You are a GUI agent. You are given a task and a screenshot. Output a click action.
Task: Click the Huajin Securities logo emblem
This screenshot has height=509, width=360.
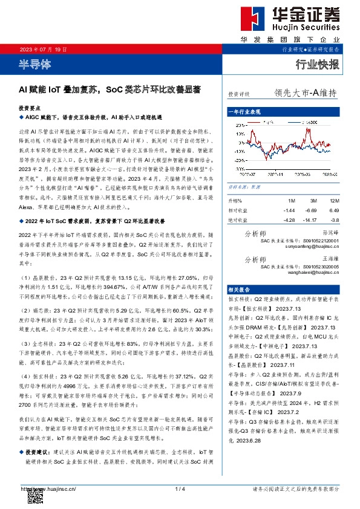(281, 22)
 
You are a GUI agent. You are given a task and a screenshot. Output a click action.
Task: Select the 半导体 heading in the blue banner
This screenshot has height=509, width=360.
(34, 62)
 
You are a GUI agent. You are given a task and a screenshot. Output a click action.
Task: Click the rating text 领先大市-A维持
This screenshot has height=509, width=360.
(305, 94)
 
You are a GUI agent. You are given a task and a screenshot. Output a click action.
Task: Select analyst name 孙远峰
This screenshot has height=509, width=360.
(329, 232)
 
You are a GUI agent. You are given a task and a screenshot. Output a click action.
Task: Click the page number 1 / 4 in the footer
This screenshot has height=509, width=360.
(179, 488)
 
